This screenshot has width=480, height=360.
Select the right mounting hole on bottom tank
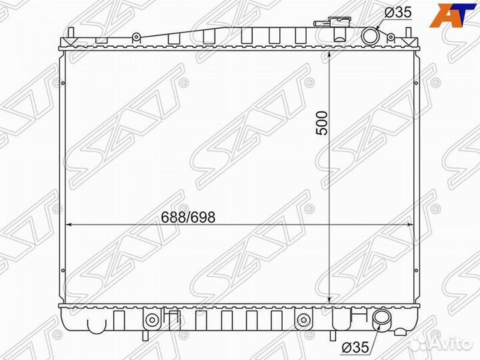click(303, 319)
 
